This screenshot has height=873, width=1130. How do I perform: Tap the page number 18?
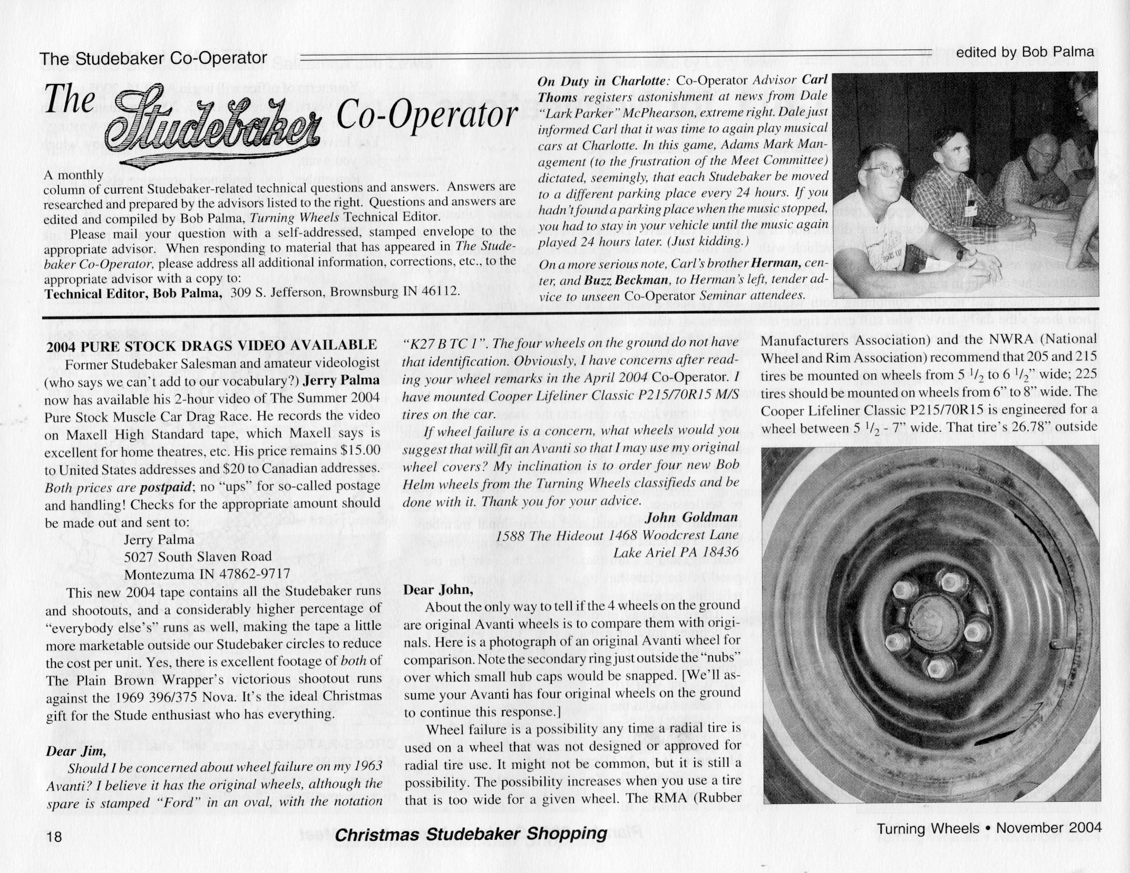pos(54,837)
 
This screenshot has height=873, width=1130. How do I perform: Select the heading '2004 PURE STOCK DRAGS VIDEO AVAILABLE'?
pos(212,346)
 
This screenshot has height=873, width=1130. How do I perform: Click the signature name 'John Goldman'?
pos(692,517)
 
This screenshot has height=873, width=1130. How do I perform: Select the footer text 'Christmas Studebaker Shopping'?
pos(471,834)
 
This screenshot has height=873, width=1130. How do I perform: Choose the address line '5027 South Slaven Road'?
pos(198,557)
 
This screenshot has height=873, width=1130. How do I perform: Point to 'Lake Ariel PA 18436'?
pos(676,553)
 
